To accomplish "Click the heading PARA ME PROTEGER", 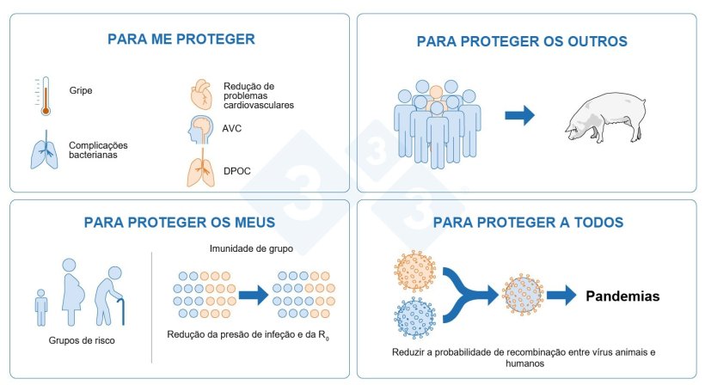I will pos(181,39).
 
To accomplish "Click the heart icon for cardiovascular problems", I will pos(199,93).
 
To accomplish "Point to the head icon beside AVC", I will pos(199,131).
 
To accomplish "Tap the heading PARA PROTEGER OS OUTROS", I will pos(522,41).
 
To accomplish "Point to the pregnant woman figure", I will pos(77,286).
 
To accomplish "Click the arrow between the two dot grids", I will pos(254,295).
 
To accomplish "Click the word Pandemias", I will pos(623,296).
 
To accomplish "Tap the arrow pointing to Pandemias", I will pos(561,296).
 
